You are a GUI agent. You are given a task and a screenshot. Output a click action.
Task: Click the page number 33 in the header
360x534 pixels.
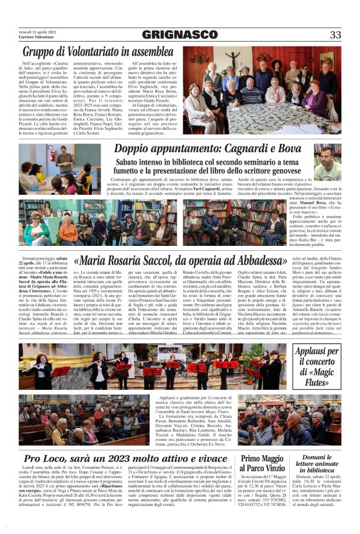335,35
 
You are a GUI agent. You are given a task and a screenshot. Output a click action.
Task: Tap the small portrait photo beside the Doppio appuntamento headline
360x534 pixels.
326,162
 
